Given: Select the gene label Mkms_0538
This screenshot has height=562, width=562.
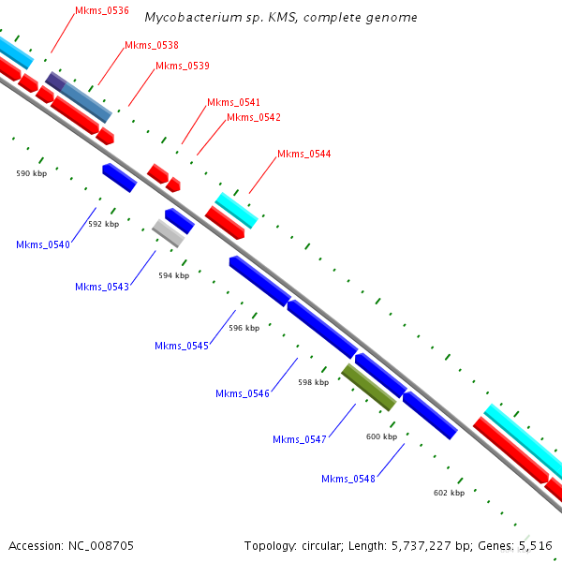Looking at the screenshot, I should [x=151, y=45].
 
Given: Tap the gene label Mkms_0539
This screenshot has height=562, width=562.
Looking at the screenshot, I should [x=182, y=66].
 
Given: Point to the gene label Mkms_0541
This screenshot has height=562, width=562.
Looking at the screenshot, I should [x=233, y=102].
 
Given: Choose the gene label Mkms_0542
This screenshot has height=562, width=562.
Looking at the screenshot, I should [x=253, y=117].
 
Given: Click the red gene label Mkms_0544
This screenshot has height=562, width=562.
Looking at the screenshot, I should [x=303, y=154].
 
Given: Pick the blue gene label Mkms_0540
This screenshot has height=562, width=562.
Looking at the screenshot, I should [x=43, y=244].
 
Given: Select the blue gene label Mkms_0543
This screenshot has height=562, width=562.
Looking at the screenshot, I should [x=102, y=287].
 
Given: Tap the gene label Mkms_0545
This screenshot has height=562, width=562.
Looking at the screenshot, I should [x=182, y=346].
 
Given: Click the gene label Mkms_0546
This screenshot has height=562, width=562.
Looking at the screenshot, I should [x=243, y=393].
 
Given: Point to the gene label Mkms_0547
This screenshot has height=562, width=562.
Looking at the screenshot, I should [x=300, y=439].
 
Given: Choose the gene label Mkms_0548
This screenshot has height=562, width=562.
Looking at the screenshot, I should [x=348, y=479].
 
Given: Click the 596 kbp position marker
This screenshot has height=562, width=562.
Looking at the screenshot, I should [x=244, y=329].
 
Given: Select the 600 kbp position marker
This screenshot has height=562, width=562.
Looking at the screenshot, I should [x=381, y=436].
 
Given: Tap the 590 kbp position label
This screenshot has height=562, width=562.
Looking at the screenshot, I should [x=32, y=173].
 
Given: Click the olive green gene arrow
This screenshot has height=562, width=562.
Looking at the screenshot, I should [x=368, y=387].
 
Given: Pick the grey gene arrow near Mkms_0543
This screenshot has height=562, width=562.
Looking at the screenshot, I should [x=169, y=232].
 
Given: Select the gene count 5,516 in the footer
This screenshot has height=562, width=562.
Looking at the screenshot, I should [x=535, y=545].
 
